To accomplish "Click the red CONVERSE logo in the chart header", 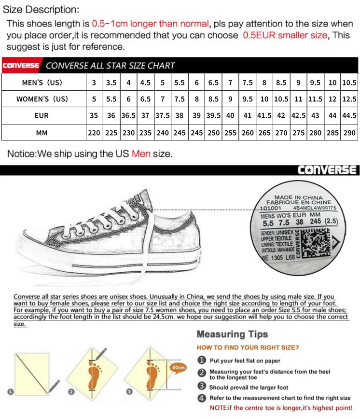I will click(x=21, y=66).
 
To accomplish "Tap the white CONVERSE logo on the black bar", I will click(x=327, y=170).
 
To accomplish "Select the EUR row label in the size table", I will click(x=42, y=116).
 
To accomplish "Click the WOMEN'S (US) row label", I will click(x=42, y=99).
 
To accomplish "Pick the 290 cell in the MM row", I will click(x=349, y=132).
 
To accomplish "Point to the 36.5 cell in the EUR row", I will click(x=128, y=116).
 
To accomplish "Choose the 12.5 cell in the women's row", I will click(x=349, y=99).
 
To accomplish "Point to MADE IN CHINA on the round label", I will click(x=298, y=197).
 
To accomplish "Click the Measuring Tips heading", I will click(x=232, y=334).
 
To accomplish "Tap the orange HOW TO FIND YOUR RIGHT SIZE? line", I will click(x=248, y=348).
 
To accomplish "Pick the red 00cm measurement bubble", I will click(x=178, y=367).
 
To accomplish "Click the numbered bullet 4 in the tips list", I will click(x=202, y=398).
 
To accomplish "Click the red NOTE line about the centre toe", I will click(x=281, y=408).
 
